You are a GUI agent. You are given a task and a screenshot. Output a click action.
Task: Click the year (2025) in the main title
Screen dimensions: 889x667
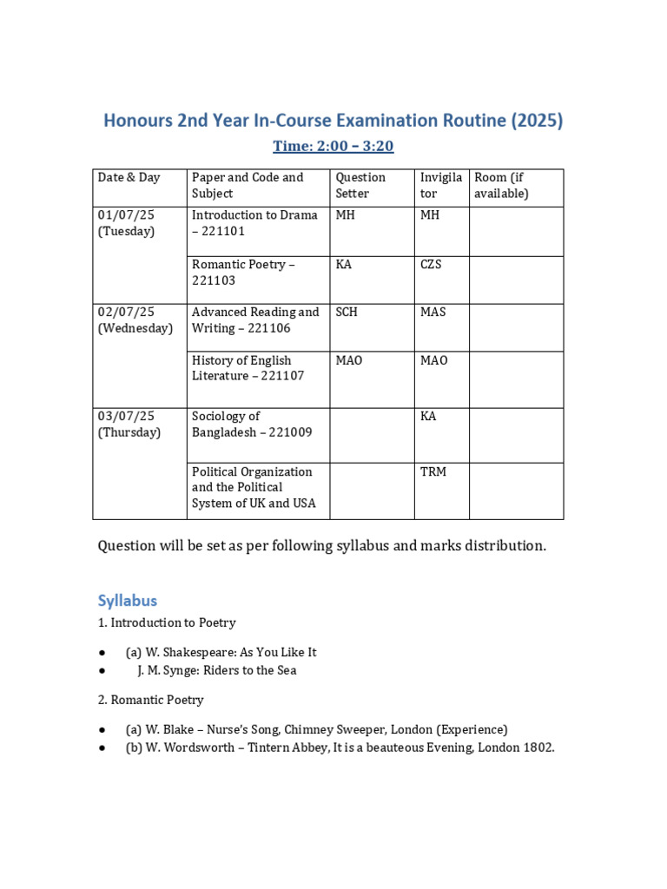coord(537,121)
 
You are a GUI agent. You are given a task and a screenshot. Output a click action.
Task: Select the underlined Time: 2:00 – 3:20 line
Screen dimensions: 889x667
coord(333,146)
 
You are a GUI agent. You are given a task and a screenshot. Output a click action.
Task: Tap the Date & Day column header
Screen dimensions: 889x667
coord(129,177)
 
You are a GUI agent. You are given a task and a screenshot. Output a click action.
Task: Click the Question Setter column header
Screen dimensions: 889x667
coord(360,185)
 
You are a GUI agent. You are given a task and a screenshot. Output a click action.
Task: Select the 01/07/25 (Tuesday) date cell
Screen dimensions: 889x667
coord(126,223)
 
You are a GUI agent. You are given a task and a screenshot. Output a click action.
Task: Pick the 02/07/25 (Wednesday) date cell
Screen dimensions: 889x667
coord(135,319)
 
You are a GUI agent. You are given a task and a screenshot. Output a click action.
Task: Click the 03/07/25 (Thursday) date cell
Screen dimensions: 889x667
coord(129,424)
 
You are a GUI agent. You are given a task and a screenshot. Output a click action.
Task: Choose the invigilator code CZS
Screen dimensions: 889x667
coord(431,264)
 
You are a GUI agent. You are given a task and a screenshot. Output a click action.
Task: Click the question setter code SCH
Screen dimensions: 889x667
coord(347,312)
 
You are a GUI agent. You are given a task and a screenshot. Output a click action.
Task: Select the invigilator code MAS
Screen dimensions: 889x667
coord(433,312)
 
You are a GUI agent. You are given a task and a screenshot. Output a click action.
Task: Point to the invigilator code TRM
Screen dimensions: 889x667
coord(433,471)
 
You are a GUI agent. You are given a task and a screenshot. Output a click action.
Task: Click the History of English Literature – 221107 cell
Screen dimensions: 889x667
coord(241,368)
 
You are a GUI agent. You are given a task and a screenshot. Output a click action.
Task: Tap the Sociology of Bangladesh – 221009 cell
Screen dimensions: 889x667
coord(251,424)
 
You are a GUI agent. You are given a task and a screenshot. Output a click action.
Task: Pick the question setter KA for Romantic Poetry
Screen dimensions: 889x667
coord(343,264)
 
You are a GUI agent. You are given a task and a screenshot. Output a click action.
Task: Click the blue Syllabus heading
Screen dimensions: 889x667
coord(127,601)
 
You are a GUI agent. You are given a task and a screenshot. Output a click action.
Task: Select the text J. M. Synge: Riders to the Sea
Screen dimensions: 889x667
coord(216,670)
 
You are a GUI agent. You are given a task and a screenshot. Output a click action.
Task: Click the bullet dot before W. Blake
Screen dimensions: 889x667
coord(102,730)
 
